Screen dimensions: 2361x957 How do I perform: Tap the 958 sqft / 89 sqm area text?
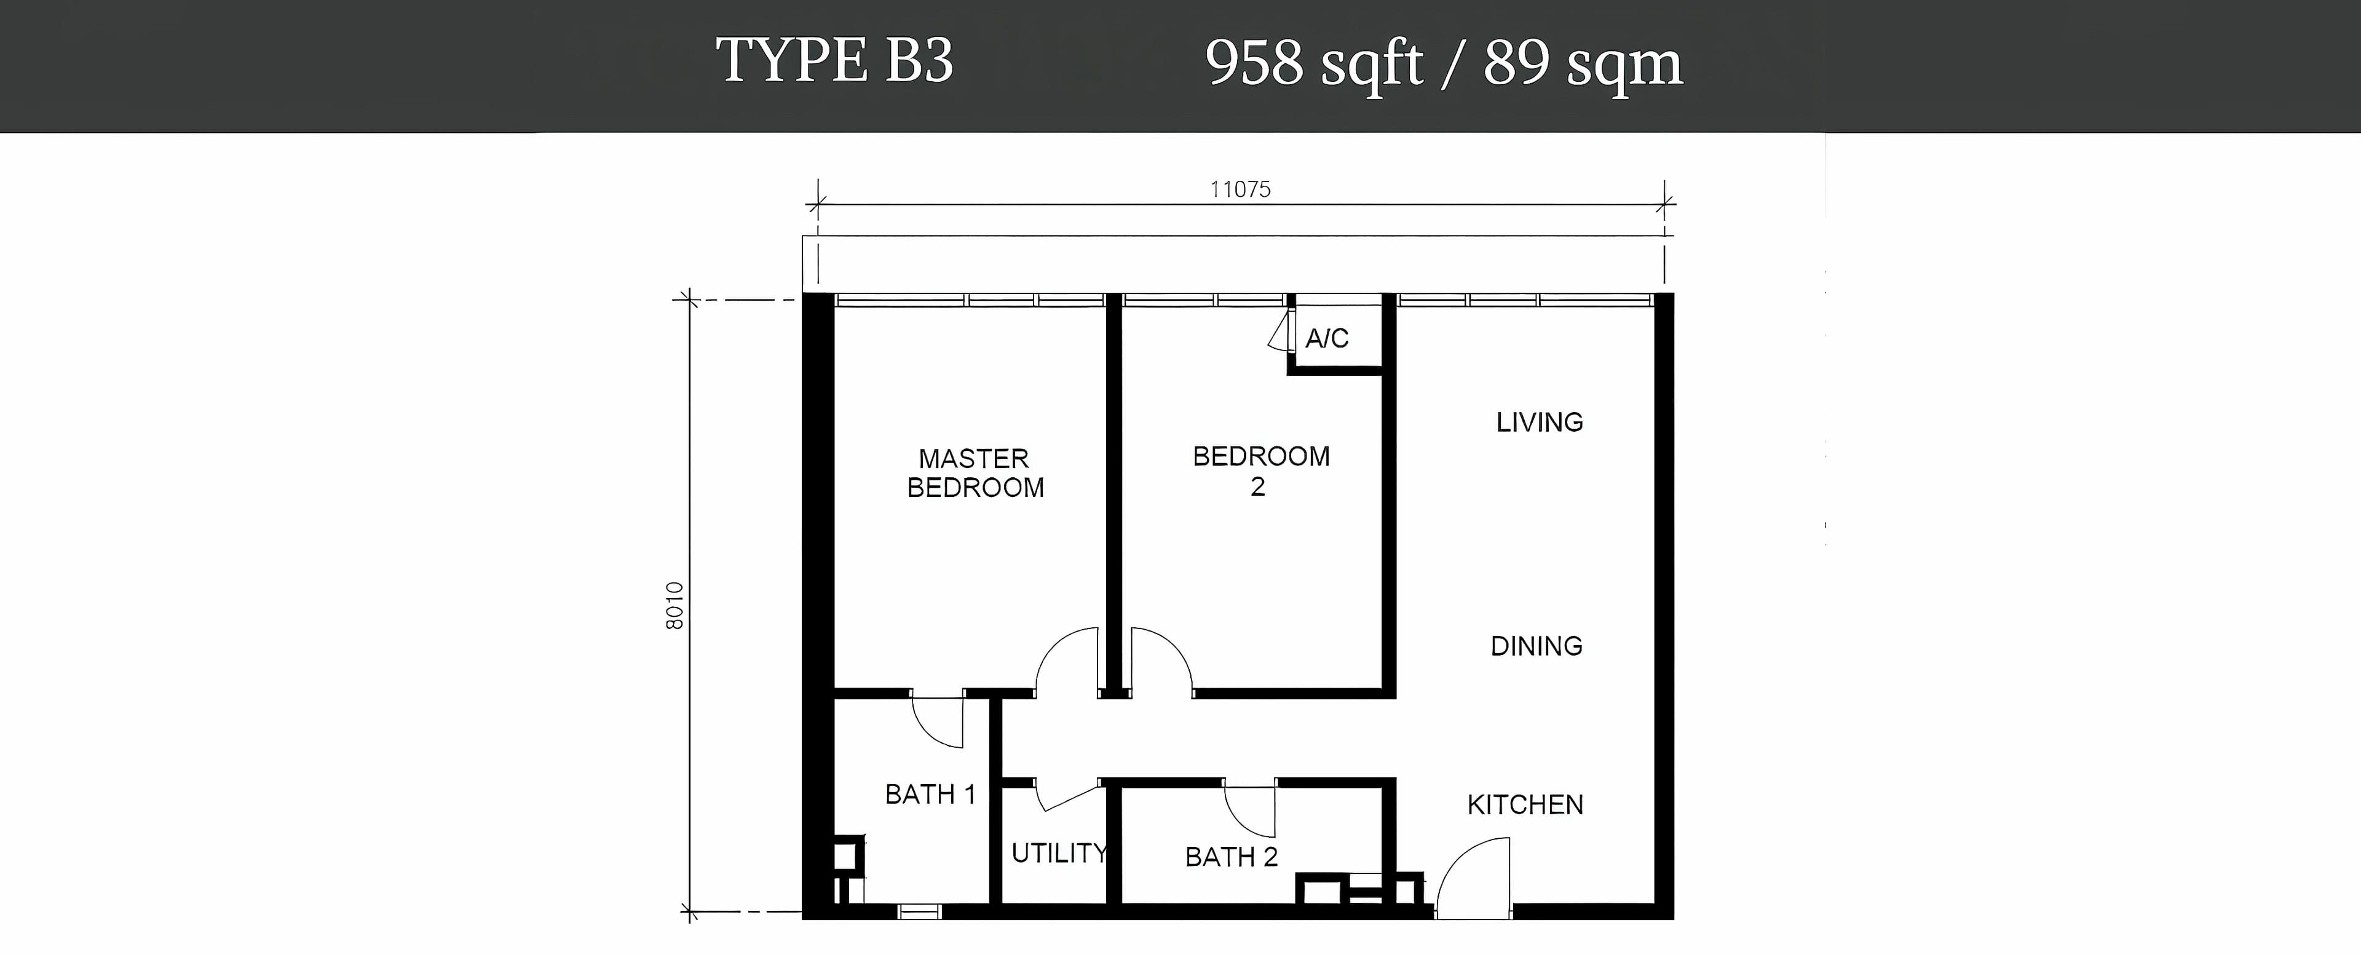point(1444,64)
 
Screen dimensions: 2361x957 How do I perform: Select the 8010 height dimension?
point(674,605)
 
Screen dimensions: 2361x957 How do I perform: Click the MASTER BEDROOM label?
point(975,473)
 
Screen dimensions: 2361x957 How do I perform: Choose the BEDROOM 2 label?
point(1261,471)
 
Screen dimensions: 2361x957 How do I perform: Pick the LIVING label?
point(1540,422)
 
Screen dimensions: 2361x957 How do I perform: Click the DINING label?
point(1536,646)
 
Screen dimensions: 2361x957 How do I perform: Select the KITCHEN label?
point(1525,805)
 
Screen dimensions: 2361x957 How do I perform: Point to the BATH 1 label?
point(930,794)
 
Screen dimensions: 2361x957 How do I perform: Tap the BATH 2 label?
point(1231,857)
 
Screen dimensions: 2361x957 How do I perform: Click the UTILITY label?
point(1059,854)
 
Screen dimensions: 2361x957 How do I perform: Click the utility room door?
point(1068,798)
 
